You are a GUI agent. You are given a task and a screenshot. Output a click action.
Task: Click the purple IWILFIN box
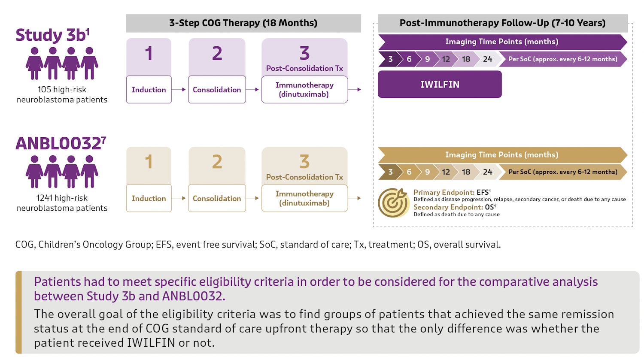click(x=440, y=84)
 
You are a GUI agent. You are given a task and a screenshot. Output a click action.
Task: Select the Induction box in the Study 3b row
click(x=149, y=89)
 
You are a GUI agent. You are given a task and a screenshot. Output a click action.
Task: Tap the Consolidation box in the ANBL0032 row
click(x=217, y=198)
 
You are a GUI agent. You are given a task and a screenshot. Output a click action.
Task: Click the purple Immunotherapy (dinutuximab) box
click(x=304, y=89)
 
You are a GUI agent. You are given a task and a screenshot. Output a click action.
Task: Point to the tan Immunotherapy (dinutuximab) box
click(x=304, y=198)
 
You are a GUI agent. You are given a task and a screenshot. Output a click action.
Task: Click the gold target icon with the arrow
click(x=393, y=203)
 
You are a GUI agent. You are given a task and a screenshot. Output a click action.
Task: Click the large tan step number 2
click(x=217, y=162)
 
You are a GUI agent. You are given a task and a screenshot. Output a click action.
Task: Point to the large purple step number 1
click(x=149, y=53)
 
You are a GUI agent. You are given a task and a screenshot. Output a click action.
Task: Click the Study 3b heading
click(x=52, y=35)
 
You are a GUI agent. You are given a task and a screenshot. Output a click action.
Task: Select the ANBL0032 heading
click(x=61, y=143)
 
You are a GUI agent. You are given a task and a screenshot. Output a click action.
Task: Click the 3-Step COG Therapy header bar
click(x=243, y=23)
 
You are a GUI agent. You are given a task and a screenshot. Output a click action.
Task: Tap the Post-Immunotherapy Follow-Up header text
click(x=503, y=23)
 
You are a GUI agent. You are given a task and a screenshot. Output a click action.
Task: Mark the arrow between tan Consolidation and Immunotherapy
click(x=252, y=198)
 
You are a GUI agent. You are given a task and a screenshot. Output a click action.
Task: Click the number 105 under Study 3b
click(x=44, y=90)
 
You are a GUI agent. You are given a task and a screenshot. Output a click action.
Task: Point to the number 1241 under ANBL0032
click(x=44, y=198)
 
